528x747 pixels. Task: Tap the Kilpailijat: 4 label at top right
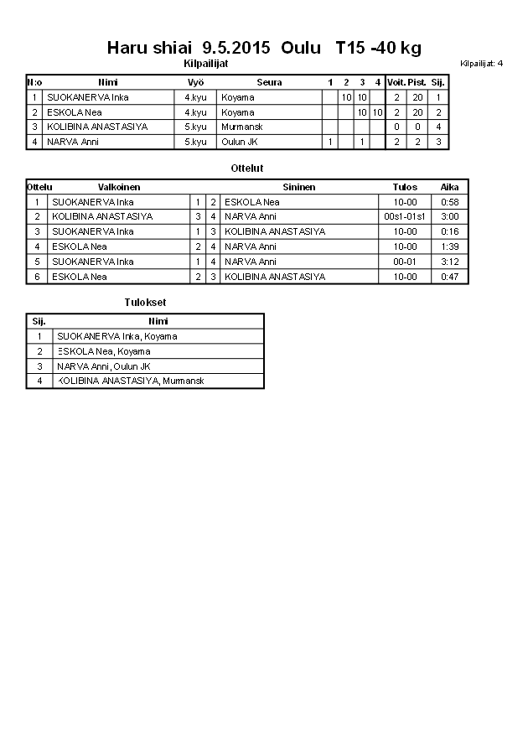pyautogui.click(x=482, y=63)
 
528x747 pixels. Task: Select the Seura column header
pyautogui.click(x=269, y=82)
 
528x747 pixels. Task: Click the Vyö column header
pyautogui.click(x=196, y=82)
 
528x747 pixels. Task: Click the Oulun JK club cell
pyautogui.click(x=239, y=142)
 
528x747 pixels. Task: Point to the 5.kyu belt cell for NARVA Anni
pyautogui.click(x=195, y=142)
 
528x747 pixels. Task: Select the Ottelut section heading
pyautogui.click(x=247, y=169)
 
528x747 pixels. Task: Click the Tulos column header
pyautogui.click(x=405, y=187)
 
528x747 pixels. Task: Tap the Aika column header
pyautogui.click(x=450, y=187)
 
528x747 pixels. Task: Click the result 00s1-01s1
pyautogui.click(x=405, y=216)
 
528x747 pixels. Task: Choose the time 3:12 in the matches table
pyautogui.click(x=450, y=262)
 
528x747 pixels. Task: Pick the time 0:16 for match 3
pyautogui.click(x=450, y=231)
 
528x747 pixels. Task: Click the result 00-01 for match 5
pyautogui.click(x=405, y=262)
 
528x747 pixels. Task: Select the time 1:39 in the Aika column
pyautogui.click(x=450, y=246)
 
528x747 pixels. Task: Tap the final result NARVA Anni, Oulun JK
pyautogui.click(x=103, y=366)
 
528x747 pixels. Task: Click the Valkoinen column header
pyautogui.click(x=119, y=187)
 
